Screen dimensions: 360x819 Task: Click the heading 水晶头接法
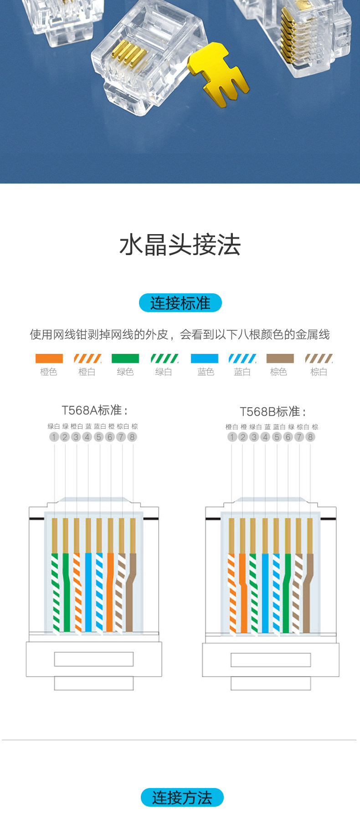(x=180, y=245)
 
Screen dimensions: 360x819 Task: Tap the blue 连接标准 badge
(x=180, y=303)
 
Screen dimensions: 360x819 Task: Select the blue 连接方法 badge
(x=182, y=798)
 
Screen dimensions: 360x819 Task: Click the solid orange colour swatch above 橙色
(x=49, y=358)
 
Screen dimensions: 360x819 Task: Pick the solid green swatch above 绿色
(x=125, y=358)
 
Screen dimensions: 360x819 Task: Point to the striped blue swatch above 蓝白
(x=242, y=358)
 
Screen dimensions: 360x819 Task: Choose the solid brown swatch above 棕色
(x=280, y=358)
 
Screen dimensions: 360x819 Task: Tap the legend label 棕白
(x=319, y=372)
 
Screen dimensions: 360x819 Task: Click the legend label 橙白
(x=87, y=372)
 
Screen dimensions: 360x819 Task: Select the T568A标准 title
(x=94, y=410)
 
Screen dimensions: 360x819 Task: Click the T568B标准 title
(x=273, y=411)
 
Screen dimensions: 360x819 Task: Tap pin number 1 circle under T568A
(x=54, y=437)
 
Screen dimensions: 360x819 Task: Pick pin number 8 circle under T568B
(x=310, y=437)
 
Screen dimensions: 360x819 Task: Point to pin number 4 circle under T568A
(x=87, y=437)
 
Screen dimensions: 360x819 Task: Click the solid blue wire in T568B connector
(x=265, y=592)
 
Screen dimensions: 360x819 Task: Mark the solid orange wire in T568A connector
(x=110, y=592)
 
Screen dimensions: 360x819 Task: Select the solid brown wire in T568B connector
(x=308, y=592)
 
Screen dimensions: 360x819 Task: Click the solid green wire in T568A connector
(x=67, y=592)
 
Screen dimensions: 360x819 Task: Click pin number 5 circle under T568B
(x=277, y=437)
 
